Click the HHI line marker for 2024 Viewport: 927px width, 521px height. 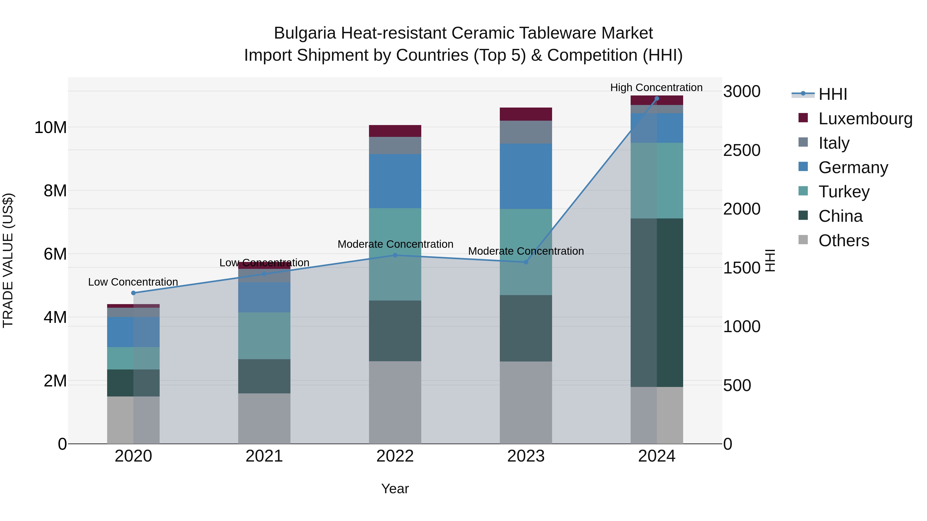pos(657,99)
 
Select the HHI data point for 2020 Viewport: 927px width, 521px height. pos(133,293)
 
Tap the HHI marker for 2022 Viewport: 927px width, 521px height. pos(395,255)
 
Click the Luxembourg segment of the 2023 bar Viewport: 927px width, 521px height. pos(526,114)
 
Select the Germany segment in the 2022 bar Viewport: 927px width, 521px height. pos(395,181)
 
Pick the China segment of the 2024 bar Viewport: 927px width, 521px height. pos(657,302)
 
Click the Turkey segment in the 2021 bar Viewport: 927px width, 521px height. pos(264,335)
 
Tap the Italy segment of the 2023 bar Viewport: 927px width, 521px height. pos(526,132)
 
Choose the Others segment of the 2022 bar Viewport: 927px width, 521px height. pos(395,402)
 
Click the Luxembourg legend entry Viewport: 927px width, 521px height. pos(865,119)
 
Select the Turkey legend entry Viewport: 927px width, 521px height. pos(844,192)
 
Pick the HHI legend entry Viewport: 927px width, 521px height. pos(832,94)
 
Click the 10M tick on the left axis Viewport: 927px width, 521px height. pos(50,127)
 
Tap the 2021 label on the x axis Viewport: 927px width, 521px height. pos(264,456)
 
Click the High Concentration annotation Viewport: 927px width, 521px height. pos(656,87)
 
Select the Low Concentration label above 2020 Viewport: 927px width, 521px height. pos(133,282)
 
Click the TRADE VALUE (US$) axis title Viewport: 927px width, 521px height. pos(8,260)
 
